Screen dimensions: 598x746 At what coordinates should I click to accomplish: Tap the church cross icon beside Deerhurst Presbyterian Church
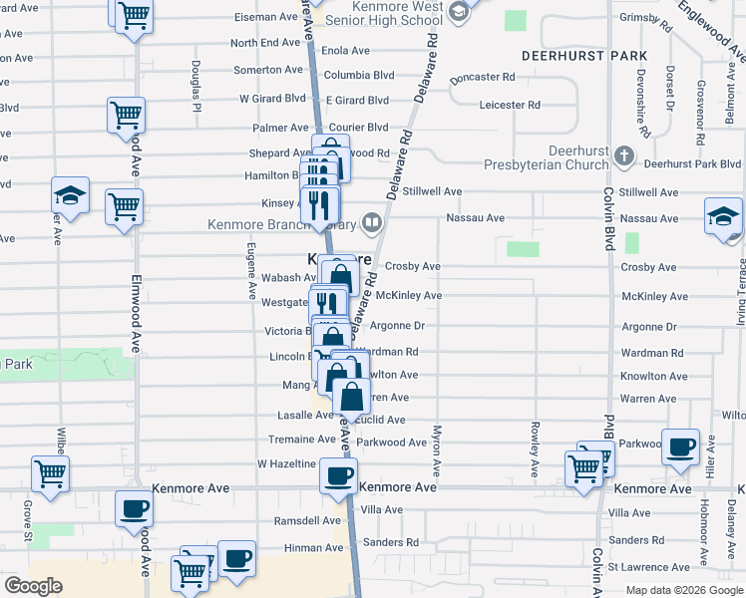click(623, 155)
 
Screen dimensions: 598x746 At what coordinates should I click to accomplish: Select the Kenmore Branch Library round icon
click(372, 222)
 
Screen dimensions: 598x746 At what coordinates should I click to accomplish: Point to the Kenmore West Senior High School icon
click(458, 12)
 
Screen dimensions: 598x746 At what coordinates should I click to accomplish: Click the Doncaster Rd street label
click(482, 77)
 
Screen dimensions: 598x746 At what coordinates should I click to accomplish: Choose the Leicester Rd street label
click(509, 105)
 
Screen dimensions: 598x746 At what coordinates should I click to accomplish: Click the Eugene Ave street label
click(252, 284)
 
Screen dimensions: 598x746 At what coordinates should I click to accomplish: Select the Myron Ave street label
click(436, 448)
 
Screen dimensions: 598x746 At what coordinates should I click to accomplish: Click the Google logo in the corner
click(33, 586)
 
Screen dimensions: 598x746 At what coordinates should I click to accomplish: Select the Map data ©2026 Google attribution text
click(683, 590)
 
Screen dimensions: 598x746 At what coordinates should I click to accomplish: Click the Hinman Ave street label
click(313, 547)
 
